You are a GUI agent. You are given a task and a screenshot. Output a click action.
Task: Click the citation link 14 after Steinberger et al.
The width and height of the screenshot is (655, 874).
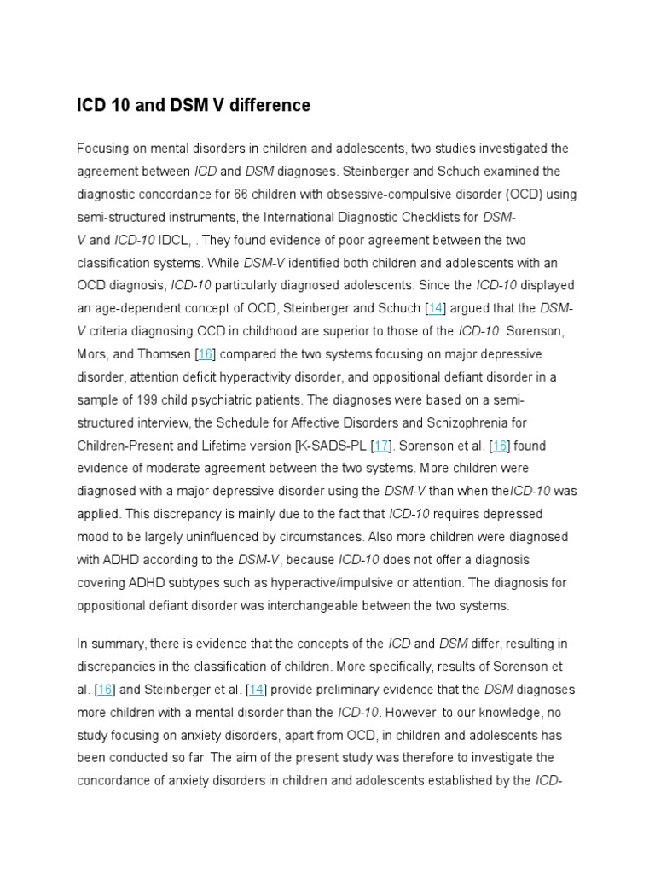coord(256,689)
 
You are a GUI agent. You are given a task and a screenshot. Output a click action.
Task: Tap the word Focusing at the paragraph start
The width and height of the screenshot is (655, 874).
coord(103,149)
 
